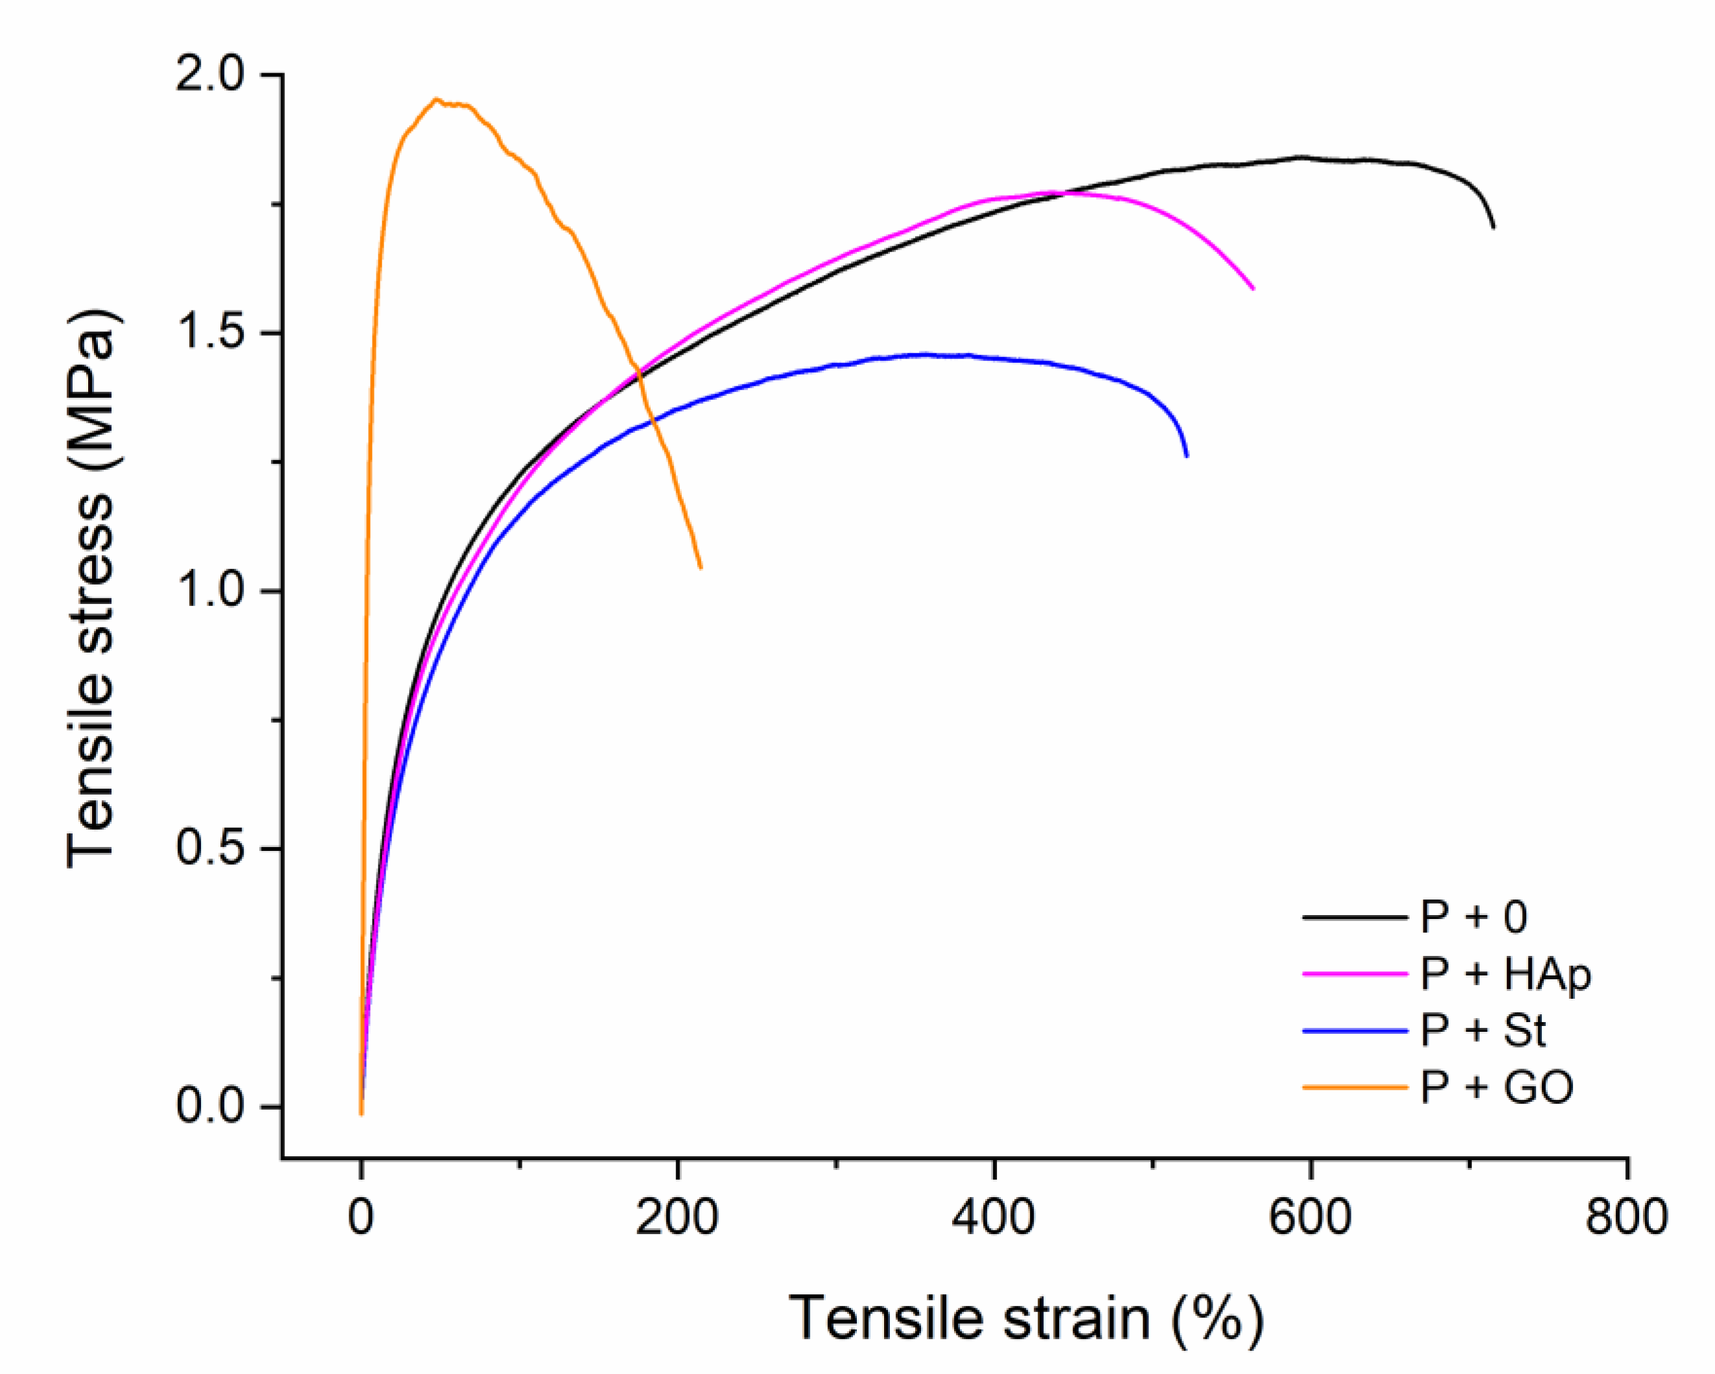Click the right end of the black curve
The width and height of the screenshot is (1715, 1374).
click(x=1493, y=227)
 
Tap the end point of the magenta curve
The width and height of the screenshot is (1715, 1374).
click(x=1254, y=289)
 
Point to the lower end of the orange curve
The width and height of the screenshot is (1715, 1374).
click(x=701, y=568)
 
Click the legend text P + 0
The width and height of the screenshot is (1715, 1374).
click(x=1473, y=917)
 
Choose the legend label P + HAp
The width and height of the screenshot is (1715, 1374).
click(x=1505, y=974)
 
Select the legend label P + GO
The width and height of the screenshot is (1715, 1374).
click(x=1496, y=1087)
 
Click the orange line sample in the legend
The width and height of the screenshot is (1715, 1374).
click(x=1355, y=1087)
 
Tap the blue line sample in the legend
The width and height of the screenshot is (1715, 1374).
click(x=1355, y=1030)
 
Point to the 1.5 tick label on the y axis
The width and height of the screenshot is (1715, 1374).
click(x=209, y=333)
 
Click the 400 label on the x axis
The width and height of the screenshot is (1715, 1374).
click(x=994, y=1218)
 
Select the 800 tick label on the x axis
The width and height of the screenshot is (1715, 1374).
click(x=1626, y=1218)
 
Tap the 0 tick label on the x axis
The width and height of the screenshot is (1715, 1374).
click(x=360, y=1218)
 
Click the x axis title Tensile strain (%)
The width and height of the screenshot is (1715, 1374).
click(x=1025, y=1319)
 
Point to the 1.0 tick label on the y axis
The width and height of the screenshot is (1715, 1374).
click(x=209, y=591)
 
